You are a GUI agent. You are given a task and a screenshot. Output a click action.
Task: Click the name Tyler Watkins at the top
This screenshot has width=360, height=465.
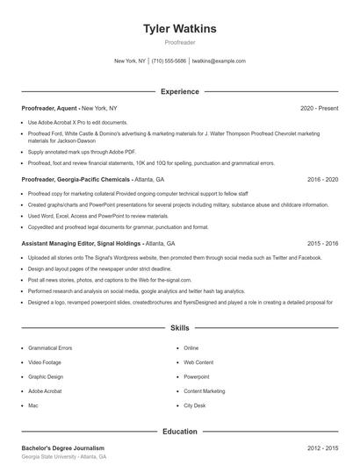(x=180, y=29)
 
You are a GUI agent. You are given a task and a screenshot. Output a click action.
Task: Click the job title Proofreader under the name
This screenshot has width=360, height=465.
(x=180, y=42)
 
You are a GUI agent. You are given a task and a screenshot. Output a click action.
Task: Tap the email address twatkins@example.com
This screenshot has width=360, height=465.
(x=219, y=61)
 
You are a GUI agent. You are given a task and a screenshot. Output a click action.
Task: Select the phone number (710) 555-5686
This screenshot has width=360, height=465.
(x=169, y=61)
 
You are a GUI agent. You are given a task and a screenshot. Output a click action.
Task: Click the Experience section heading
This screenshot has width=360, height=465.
(x=180, y=91)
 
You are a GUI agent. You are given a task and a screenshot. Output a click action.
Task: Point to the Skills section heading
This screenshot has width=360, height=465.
(x=180, y=327)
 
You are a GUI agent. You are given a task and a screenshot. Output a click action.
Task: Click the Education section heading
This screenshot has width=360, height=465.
(x=180, y=432)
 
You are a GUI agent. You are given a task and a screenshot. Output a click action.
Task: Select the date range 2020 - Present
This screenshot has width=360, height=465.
(x=319, y=108)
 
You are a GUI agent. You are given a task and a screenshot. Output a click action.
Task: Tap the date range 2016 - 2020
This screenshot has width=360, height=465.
(x=322, y=179)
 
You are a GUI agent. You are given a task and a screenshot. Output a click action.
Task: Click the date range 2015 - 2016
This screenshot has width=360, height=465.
(x=322, y=243)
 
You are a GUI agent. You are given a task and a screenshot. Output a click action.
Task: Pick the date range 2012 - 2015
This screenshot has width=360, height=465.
(x=322, y=447)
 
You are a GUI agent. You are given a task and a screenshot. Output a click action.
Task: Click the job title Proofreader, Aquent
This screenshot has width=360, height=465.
(x=50, y=108)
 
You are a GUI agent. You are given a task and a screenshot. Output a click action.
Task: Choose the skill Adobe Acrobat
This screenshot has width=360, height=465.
(x=44, y=391)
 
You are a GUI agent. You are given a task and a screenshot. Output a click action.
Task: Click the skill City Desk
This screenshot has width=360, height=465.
(x=194, y=405)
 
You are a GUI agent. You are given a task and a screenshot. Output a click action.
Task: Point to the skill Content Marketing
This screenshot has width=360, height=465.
(x=204, y=391)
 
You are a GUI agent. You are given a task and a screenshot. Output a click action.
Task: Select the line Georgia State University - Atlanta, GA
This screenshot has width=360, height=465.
(x=63, y=457)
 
